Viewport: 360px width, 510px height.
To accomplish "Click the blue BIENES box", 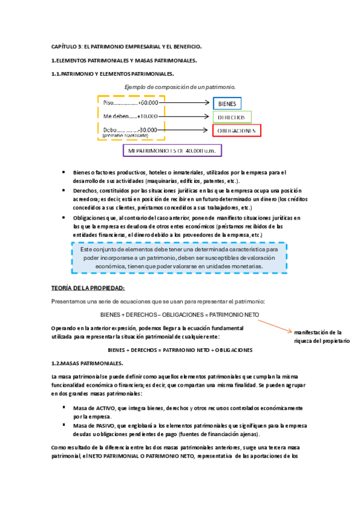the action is [x=227, y=103].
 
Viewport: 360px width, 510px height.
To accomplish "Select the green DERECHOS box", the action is [x=232, y=117].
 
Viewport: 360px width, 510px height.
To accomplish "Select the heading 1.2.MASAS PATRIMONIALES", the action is [x=87, y=363].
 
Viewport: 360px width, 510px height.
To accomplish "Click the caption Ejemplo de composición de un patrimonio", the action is [x=179, y=88].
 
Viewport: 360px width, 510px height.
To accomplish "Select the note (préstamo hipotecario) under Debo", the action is [x=125, y=136].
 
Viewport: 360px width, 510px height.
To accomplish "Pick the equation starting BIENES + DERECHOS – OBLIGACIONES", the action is [x=180, y=315].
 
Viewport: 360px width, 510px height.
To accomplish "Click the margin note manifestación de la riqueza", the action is [x=322, y=336].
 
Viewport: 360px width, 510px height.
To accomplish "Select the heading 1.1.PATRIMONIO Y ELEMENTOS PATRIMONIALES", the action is [x=112, y=74].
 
